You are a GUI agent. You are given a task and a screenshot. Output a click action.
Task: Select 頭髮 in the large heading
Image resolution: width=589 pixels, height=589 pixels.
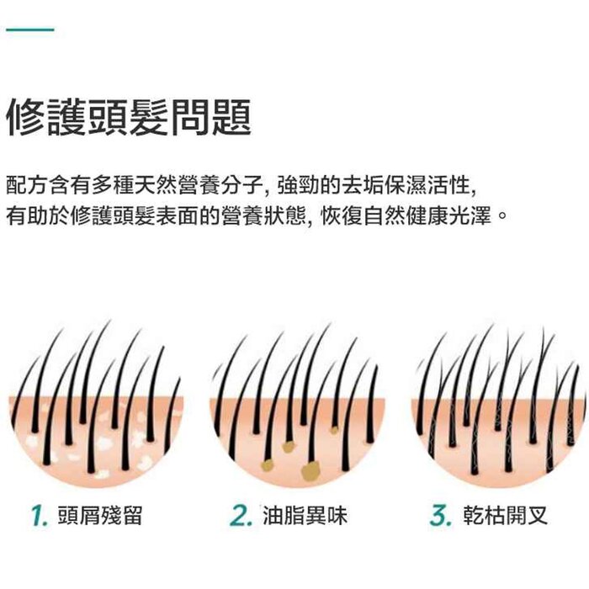pyautogui.click(x=129, y=118)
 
